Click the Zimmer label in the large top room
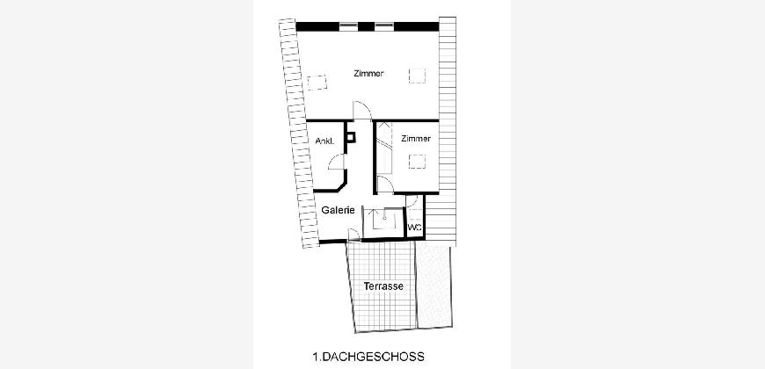[368, 74]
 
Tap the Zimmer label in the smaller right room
[416, 139]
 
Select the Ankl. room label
[325, 141]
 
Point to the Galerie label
[339, 210]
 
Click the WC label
[414, 228]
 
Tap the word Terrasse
[383, 286]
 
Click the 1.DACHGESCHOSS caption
[368, 357]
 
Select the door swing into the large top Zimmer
[362, 110]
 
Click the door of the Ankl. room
[337, 162]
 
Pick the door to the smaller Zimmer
[386, 185]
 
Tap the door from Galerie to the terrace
[353, 235]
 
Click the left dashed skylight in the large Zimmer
[317, 83]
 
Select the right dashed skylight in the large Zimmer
[417, 76]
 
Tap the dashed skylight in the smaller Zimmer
[417, 162]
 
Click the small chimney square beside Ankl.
[350, 137]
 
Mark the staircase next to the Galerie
[383, 222]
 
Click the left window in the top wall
[349, 26]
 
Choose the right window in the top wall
[384, 26]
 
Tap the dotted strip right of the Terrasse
[433, 286]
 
